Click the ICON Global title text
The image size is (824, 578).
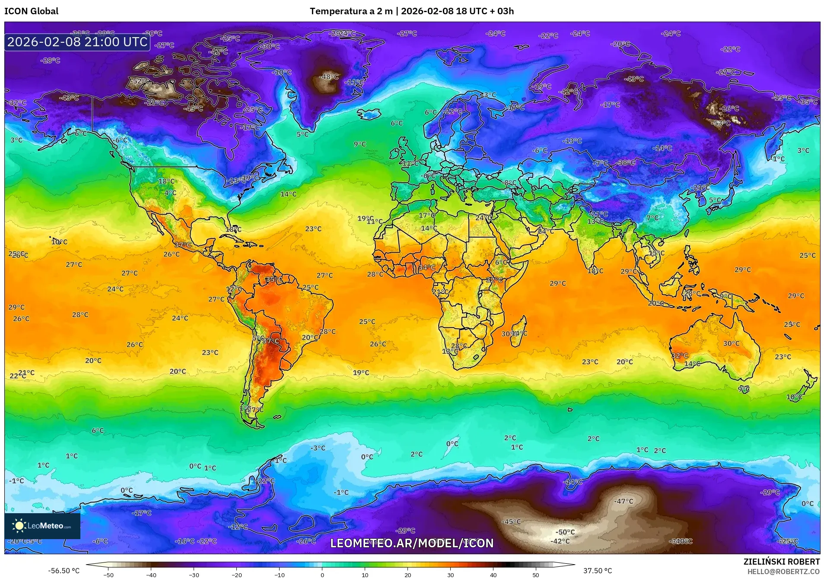31,11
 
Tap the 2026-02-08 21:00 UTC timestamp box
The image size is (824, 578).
77,42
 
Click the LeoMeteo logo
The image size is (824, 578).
42,526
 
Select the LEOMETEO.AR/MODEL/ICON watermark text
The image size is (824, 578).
412,543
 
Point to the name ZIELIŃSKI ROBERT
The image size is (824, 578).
781,562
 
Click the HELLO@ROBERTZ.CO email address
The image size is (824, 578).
783,572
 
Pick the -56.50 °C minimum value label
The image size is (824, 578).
64,571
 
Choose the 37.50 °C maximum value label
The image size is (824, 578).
598,571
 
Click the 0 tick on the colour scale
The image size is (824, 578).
322,575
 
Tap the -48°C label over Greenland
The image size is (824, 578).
328,77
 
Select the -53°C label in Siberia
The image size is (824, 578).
721,123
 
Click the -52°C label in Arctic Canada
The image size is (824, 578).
140,81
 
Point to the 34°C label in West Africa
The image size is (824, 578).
426,267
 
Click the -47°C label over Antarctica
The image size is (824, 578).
624,501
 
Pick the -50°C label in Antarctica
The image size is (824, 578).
565,532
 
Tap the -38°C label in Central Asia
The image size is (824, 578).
626,162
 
